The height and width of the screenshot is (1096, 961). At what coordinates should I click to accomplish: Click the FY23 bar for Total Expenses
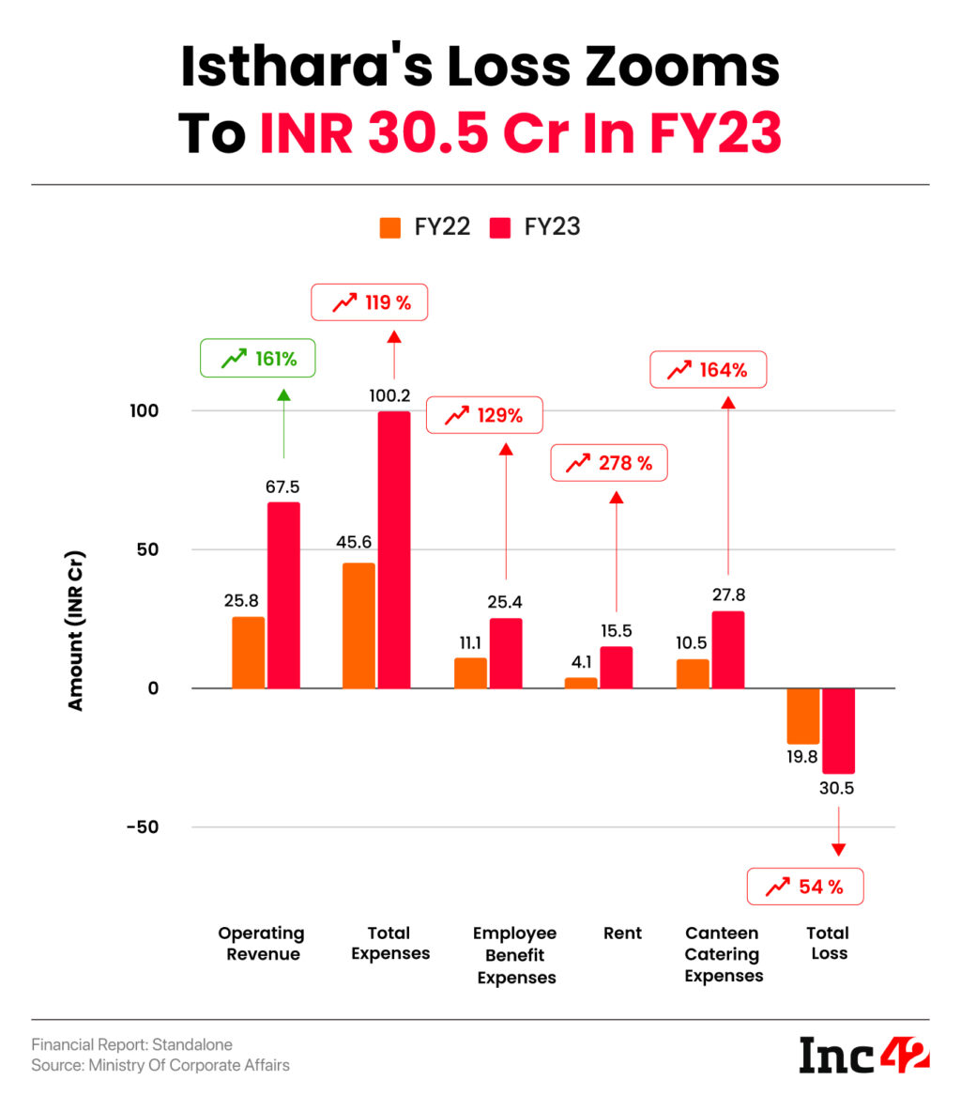[x=394, y=549]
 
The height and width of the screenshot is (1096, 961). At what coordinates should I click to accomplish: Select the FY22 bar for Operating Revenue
[x=249, y=652]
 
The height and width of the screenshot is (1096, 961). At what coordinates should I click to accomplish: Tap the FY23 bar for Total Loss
[x=838, y=730]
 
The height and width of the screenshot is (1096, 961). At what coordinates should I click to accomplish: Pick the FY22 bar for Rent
[x=581, y=683]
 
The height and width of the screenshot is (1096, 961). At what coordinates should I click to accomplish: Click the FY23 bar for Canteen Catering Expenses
[x=728, y=649]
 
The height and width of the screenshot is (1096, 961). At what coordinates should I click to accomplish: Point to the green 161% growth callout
[x=258, y=359]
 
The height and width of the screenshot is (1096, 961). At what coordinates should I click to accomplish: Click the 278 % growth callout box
[x=608, y=463]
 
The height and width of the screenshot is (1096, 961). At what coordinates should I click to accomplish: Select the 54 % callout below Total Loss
[x=804, y=887]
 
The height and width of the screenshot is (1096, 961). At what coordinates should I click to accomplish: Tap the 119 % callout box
[x=369, y=302]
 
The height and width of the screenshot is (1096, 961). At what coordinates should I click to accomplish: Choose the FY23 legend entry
[x=535, y=227]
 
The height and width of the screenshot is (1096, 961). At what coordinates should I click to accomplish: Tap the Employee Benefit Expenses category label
[x=515, y=955]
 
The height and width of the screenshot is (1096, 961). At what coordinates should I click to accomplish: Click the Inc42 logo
[x=863, y=1056]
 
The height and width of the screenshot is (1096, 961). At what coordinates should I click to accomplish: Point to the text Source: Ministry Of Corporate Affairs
[x=160, y=1065]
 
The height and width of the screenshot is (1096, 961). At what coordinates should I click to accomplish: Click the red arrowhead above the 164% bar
[x=727, y=402]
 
